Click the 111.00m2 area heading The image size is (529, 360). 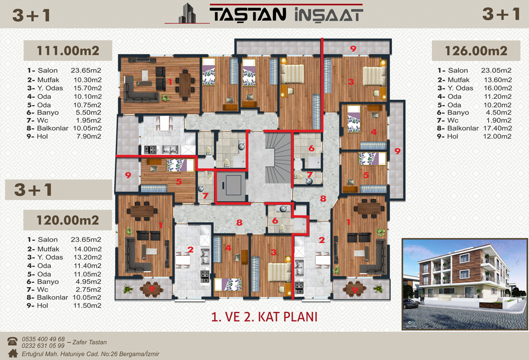coord(68,51)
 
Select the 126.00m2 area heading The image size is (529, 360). coord(476,51)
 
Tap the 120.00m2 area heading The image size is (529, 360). coord(68,220)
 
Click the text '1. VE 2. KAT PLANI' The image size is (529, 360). coord(264,317)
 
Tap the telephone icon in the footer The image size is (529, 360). coord(13,341)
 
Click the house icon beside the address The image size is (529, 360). coord(13,353)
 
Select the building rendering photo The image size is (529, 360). coord(464,284)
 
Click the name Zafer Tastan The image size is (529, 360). coord(89,342)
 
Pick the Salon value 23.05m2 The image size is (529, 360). coord(496,70)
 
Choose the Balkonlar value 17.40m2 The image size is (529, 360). coord(498,128)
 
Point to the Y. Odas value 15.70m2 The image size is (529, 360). coord(88,88)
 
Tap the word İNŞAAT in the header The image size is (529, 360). coord(329,15)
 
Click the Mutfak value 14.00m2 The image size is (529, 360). coord(88,249)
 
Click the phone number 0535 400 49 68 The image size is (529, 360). coord(43,339)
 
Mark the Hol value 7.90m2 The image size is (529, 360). coord(89,136)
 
